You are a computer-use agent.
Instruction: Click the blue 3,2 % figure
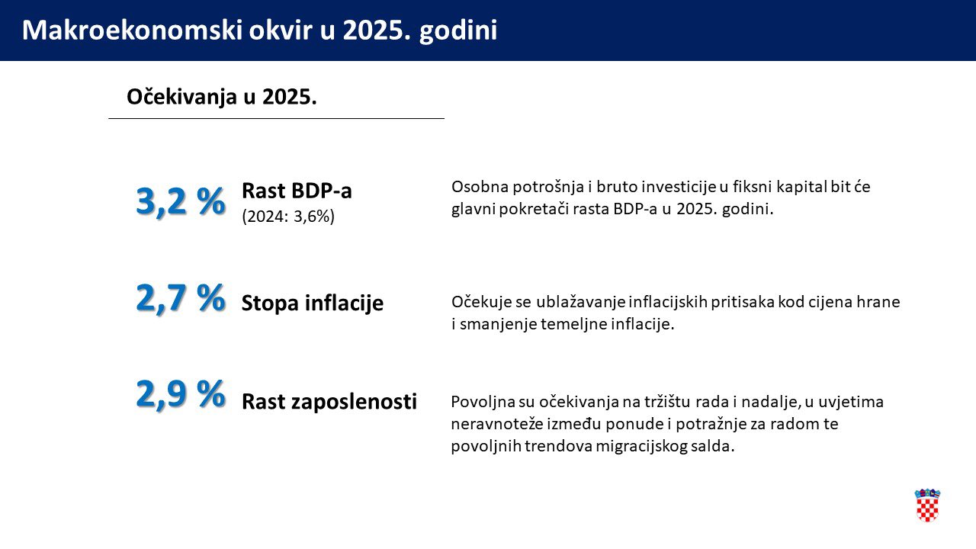(x=181, y=202)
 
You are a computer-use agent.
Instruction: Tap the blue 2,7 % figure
(x=181, y=298)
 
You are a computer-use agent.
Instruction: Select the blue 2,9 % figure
(x=181, y=394)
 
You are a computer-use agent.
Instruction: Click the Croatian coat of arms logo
(x=927, y=505)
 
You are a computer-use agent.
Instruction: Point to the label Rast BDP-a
(x=297, y=191)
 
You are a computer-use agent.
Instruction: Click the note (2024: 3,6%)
(x=288, y=216)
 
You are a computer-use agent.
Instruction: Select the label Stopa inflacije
(x=313, y=303)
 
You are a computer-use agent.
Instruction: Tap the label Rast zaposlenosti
(x=329, y=401)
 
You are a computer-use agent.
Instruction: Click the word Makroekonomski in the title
(x=132, y=30)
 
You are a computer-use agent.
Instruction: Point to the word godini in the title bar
(x=458, y=31)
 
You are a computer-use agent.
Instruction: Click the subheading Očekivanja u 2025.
(x=222, y=97)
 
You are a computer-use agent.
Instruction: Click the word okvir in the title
(x=281, y=30)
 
